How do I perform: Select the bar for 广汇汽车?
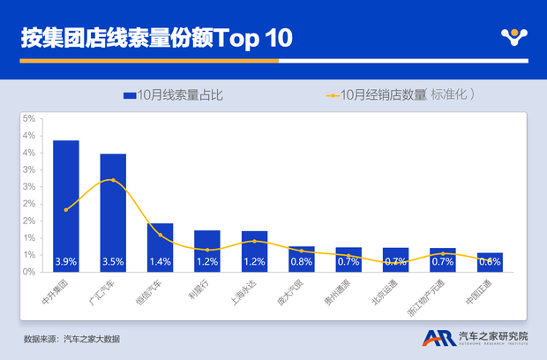point(113,213)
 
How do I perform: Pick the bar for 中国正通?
point(490,262)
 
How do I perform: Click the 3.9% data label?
point(65,262)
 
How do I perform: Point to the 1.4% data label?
point(160,262)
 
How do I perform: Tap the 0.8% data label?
point(301,262)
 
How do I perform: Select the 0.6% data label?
point(490,262)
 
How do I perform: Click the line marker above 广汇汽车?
point(113,180)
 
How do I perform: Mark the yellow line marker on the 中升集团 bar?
point(66,209)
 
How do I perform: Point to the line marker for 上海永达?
point(254,241)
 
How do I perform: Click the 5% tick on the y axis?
point(29,118)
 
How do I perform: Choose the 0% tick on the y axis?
point(29,272)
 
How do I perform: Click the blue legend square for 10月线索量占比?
point(130,94)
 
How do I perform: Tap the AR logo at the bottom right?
point(436,339)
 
